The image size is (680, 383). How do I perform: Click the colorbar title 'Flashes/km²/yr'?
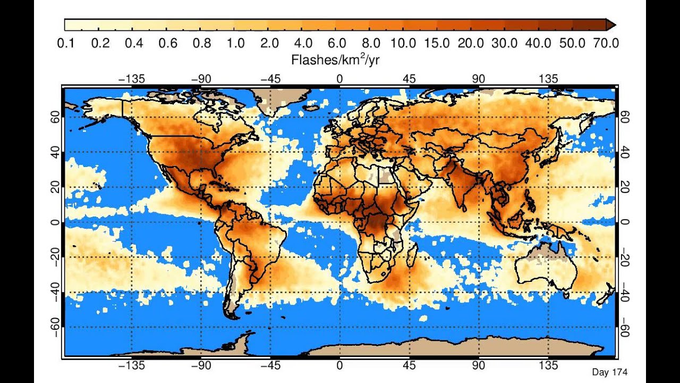335,60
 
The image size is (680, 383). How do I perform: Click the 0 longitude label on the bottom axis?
339,365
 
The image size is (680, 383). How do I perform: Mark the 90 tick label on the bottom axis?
479,365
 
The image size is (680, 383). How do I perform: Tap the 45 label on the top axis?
409,79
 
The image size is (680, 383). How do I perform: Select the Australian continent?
545,269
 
